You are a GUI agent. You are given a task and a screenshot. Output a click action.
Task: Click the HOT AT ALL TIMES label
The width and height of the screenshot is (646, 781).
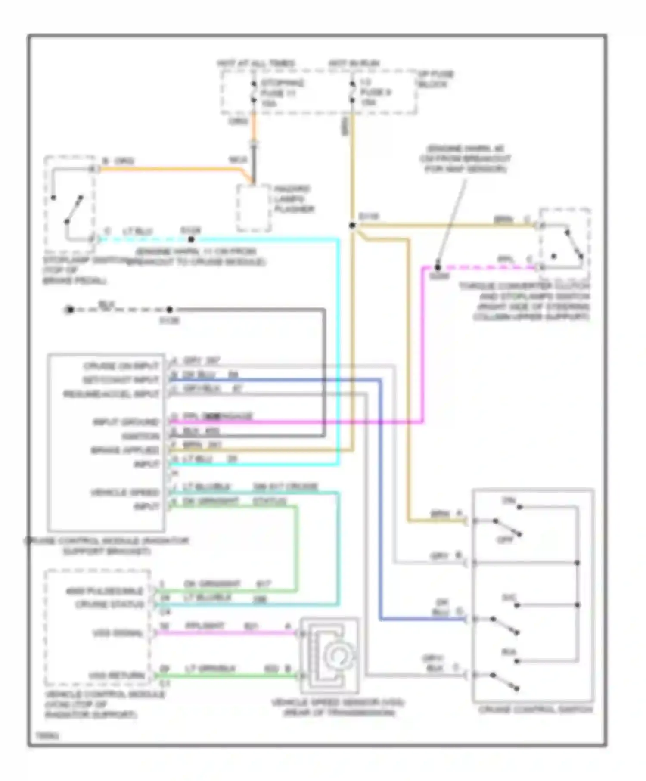(256, 63)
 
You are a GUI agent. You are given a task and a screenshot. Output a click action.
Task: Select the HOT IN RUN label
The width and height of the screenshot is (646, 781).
(354, 63)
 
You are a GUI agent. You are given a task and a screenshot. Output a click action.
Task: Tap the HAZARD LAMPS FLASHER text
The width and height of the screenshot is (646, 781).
(294, 199)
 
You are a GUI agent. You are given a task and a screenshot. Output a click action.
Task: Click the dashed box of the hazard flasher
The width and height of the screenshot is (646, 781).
(253, 208)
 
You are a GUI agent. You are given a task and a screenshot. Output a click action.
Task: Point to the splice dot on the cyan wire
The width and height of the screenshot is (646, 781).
(191, 239)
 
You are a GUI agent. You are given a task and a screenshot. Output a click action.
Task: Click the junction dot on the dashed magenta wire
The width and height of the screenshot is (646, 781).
(438, 267)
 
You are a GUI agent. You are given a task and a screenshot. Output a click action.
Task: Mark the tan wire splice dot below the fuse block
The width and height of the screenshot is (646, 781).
(352, 225)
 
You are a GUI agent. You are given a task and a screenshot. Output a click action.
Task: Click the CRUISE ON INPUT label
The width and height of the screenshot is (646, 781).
(121, 366)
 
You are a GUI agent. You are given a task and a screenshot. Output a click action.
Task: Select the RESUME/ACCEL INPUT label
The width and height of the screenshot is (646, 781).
(111, 394)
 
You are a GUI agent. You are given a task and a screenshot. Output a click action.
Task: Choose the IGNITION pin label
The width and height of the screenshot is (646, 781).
(140, 436)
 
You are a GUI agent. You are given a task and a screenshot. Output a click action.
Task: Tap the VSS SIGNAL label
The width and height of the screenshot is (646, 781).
(118, 633)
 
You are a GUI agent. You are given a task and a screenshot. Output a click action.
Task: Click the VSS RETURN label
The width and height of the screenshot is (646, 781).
(117, 675)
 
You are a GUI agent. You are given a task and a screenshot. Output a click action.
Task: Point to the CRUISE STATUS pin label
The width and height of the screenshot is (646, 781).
(109, 604)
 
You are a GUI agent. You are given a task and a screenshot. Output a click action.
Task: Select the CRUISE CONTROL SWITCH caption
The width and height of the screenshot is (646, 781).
(536, 709)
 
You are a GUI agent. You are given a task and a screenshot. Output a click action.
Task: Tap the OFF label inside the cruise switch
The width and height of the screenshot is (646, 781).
(505, 540)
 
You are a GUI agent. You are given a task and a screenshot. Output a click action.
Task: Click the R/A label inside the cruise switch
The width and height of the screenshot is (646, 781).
(509, 652)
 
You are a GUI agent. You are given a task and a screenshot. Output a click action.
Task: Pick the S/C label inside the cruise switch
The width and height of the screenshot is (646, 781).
(509, 598)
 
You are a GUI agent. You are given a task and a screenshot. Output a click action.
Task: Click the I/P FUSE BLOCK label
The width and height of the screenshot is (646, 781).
(435, 79)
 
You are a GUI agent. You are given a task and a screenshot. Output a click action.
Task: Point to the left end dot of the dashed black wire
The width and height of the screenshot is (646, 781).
(70, 310)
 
